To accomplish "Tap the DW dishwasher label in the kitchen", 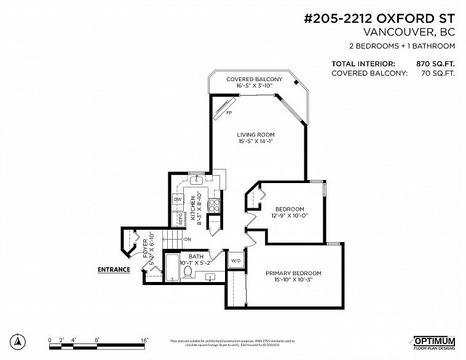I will pos(177,200).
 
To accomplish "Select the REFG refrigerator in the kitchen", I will pos(181,217).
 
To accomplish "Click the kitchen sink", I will pos(196,180).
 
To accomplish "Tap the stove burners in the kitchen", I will pos(215,206).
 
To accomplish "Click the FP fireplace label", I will pos(229,113).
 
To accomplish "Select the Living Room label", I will pos(256,134).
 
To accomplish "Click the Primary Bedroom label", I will pos(293,273).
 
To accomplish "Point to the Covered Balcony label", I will pos(254,79).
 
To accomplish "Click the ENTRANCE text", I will pos(114,269).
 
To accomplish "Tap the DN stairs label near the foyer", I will pos(186,239).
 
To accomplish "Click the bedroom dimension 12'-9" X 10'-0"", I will pos(286,215).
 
